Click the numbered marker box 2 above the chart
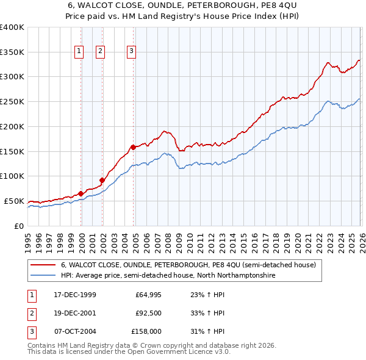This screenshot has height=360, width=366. tap(100, 52)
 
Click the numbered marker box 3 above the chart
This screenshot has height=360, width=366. tap(131, 52)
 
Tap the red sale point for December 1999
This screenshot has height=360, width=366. tap(81, 193)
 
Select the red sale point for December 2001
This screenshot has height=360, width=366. tap(102, 179)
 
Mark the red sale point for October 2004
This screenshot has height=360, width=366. tap(133, 147)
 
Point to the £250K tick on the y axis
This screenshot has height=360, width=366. tap(12, 101)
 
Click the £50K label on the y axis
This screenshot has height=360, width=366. tap(15, 201)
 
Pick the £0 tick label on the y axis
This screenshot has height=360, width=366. tap(20, 226)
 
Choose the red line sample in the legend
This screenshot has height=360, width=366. tap(43, 265)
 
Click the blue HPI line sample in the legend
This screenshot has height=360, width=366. tap(43, 276)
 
